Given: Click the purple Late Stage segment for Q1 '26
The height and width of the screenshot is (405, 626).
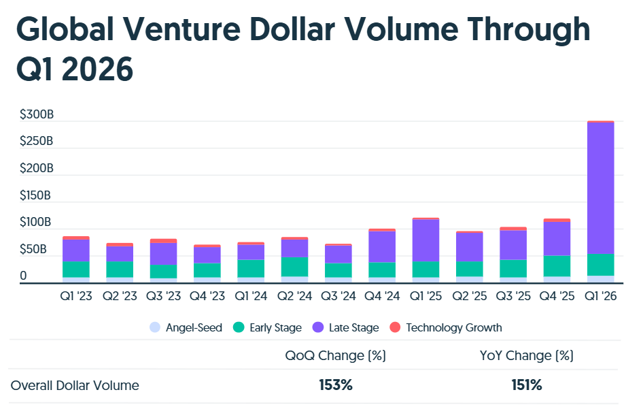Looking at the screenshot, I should pos(600,188).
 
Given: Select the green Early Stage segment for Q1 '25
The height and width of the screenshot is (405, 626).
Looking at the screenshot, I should pos(425,269).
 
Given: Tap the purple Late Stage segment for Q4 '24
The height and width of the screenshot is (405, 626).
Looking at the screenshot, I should pos(381,246).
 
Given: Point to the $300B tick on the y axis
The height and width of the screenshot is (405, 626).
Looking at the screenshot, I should pos(36,114).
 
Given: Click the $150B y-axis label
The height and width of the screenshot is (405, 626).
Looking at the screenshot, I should pos(36,195).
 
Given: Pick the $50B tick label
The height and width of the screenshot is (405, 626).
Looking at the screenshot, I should pos(33,249).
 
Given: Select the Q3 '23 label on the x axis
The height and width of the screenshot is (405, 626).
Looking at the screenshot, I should pos(163,296).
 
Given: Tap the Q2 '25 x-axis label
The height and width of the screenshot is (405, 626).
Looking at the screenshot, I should pos(469,296).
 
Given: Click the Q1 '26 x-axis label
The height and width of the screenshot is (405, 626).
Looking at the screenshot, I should pos(600,296).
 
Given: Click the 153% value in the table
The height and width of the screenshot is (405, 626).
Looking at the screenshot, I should pos(336,385).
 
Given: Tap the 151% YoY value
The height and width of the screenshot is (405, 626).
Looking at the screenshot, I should pos(527,385).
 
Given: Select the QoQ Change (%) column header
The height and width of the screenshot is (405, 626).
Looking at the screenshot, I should pos(336,355).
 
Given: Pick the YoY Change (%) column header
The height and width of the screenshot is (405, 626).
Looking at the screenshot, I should pos(526,355).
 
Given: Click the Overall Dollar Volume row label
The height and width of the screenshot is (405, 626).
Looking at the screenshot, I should pos(75,385).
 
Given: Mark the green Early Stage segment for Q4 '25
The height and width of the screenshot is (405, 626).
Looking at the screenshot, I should pos(557,265).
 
